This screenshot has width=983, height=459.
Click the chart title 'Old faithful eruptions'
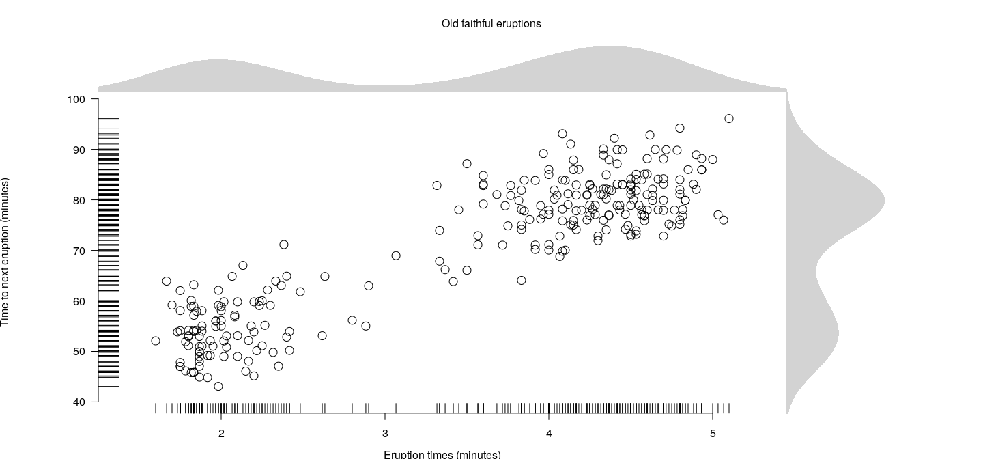click(x=491, y=24)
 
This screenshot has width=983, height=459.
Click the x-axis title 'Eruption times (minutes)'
click(x=442, y=454)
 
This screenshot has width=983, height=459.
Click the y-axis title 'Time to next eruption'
click(x=5, y=252)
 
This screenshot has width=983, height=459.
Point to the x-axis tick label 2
click(x=221, y=434)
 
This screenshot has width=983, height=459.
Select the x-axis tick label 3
click(x=385, y=434)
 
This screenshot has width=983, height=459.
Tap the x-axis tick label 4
click(x=549, y=434)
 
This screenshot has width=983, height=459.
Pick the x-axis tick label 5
click(x=713, y=434)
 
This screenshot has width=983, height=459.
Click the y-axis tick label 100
click(x=76, y=100)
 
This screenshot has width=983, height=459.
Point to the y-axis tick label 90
click(x=79, y=150)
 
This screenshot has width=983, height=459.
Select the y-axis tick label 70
click(x=79, y=251)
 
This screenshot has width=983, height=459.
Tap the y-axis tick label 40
click(x=79, y=402)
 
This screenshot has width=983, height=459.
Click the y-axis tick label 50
click(x=79, y=352)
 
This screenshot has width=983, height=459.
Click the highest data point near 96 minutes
click(x=729, y=119)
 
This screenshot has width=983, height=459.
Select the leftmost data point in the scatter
click(x=156, y=341)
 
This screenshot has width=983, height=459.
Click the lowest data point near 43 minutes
click(x=218, y=387)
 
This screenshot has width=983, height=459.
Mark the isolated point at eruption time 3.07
click(x=396, y=255)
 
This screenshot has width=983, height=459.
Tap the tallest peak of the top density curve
click(x=608, y=48)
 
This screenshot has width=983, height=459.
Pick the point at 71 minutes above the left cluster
click(x=284, y=245)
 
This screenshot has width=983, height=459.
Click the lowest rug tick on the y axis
click(x=109, y=387)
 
